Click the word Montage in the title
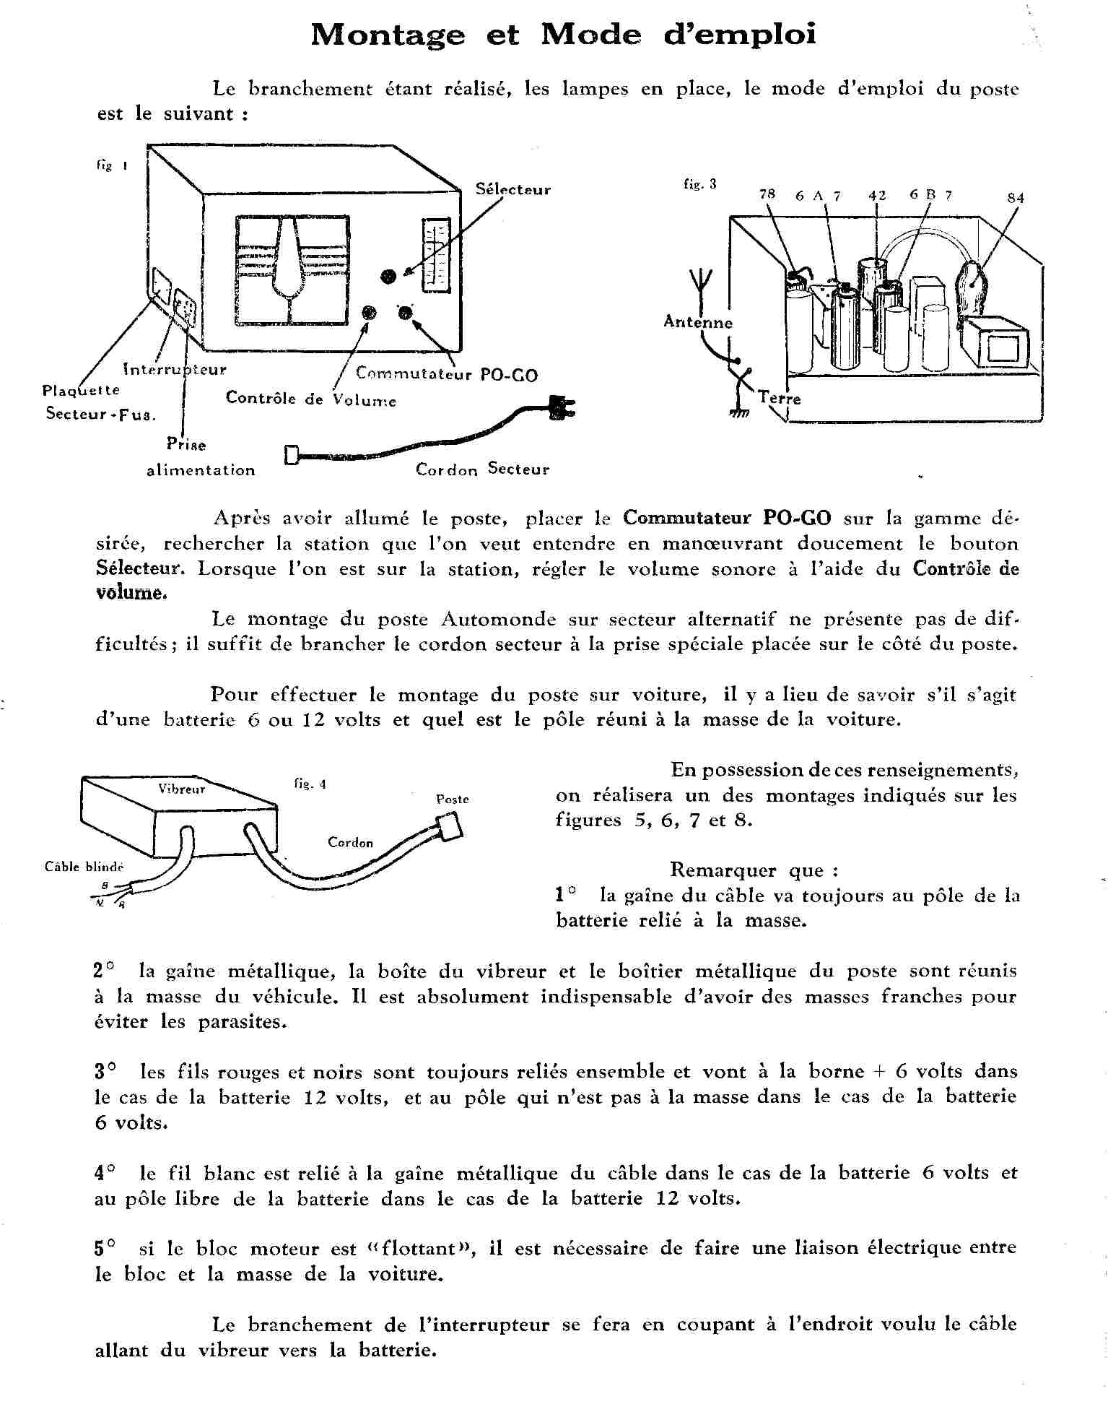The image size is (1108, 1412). tap(388, 35)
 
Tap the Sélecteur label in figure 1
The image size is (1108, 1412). tap(512, 190)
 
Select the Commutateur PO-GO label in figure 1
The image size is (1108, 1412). tap(447, 374)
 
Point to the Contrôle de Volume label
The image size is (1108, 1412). tap(310, 399)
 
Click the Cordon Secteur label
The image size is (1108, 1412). tap(482, 469)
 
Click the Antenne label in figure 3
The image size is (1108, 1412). tap(698, 322)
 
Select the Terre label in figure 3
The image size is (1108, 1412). tap(780, 398)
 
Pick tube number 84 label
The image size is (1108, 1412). tap(1016, 198)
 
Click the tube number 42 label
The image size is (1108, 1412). tap(877, 195)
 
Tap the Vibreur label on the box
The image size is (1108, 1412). tap(182, 789)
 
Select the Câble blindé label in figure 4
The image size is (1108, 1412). tap(84, 867)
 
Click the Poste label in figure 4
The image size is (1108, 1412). tap(453, 800)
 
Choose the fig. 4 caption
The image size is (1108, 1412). tap(310, 784)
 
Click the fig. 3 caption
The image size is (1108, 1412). tap(700, 184)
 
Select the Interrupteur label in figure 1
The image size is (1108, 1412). tap(175, 370)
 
